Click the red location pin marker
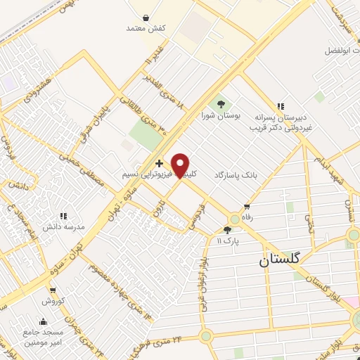pos(181,165)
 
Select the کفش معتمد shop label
pos(146,28)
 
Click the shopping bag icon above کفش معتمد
pos(146,17)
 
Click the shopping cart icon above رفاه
pos(246,207)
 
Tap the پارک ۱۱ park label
pos(228,240)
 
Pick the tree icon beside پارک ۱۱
pos(227,229)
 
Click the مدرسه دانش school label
pos(65,227)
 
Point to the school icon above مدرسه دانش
pos(64,216)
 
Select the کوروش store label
pos(52,301)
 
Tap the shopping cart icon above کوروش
pos(52,290)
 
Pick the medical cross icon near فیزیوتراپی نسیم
pos(160,163)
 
